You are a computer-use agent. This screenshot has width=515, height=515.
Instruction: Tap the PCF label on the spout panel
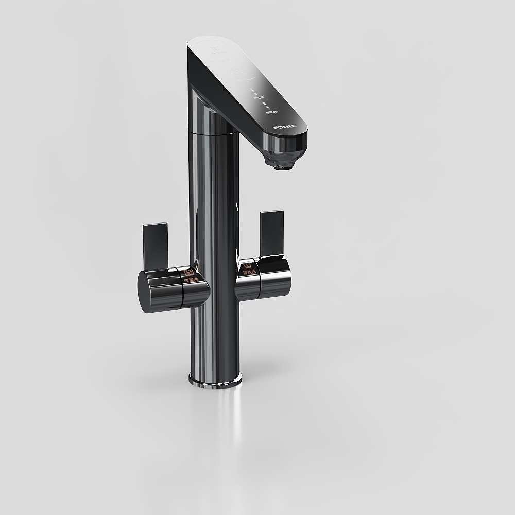[x=259, y=97]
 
